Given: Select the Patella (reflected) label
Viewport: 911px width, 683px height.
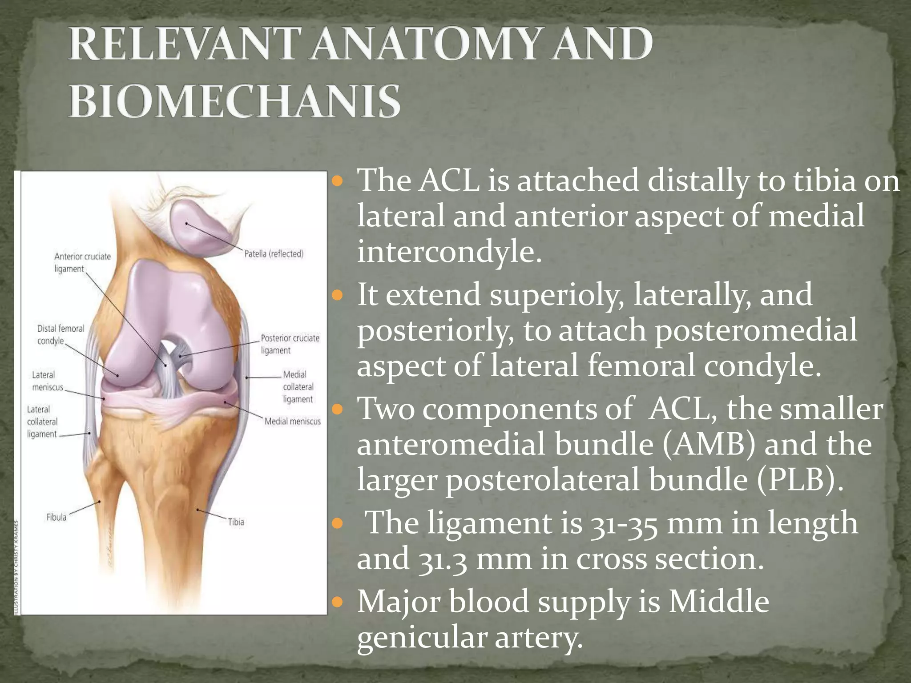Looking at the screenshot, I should tap(274, 254).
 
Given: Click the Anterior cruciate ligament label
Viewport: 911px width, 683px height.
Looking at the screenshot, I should tap(82, 262).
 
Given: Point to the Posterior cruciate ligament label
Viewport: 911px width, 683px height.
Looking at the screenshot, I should tap(290, 344).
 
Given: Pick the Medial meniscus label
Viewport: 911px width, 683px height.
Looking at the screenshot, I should tap(292, 421).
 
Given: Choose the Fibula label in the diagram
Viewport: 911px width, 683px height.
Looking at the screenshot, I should tap(56, 517).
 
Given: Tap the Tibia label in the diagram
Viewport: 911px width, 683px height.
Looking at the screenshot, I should tap(236, 522).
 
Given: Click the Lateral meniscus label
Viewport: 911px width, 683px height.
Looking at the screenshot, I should tap(47, 381).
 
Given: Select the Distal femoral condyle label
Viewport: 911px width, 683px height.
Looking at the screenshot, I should tap(60, 334).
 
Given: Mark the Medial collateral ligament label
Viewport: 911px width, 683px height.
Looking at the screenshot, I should tap(298, 387).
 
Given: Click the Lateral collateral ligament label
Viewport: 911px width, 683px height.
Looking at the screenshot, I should tap(42, 422).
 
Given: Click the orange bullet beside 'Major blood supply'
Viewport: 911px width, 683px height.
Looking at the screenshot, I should tap(338, 602).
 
